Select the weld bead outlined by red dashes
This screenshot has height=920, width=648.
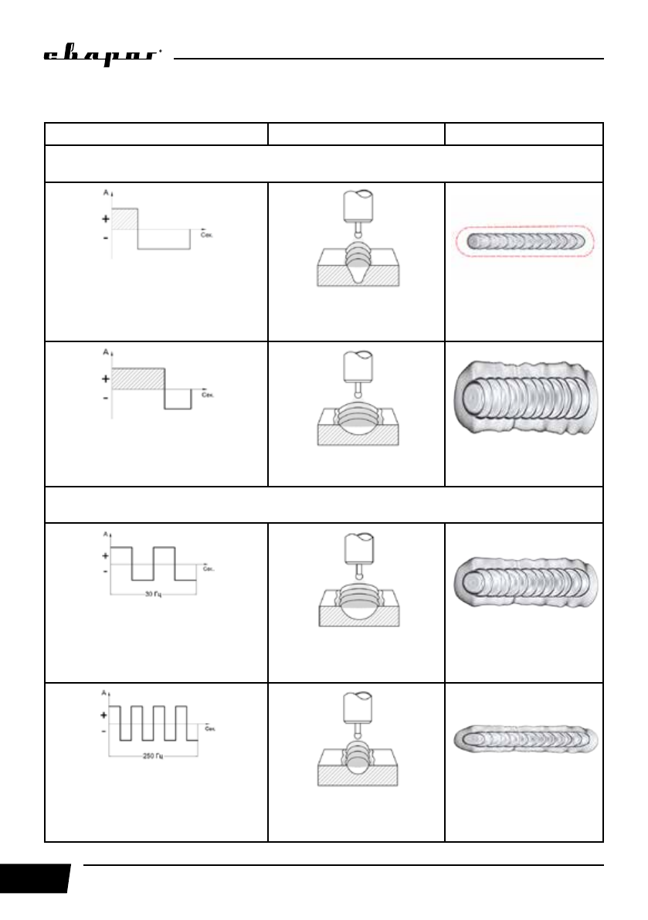524,241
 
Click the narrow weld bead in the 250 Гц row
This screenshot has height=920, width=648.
524,738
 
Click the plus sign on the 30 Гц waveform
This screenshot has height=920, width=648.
104,556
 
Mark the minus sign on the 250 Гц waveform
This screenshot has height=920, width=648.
104,730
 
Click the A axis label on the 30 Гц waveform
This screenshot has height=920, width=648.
105,535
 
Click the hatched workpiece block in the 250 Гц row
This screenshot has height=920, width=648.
357,776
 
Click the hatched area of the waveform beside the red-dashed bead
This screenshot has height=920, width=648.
125,219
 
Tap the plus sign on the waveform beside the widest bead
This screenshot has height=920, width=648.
104,379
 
